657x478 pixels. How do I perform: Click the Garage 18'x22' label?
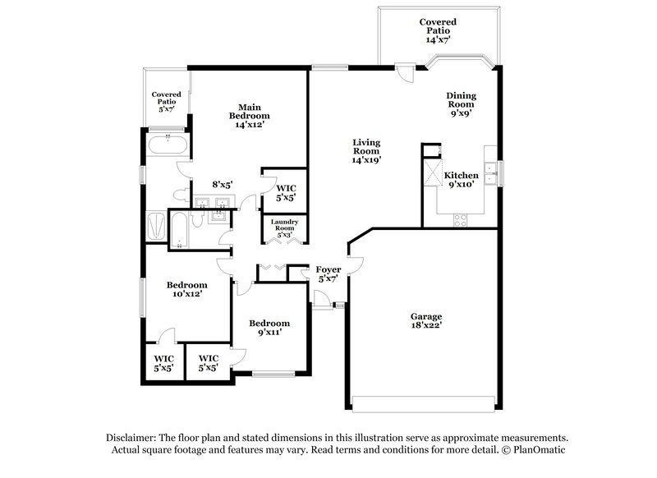[426, 321]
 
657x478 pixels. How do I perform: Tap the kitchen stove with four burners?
[462, 219]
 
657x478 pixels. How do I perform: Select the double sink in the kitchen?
[489, 170]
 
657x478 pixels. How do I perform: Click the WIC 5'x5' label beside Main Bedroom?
[284, 192]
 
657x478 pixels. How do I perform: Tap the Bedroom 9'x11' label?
[269, 328]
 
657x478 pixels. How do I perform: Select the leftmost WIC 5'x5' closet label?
[163, 363]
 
